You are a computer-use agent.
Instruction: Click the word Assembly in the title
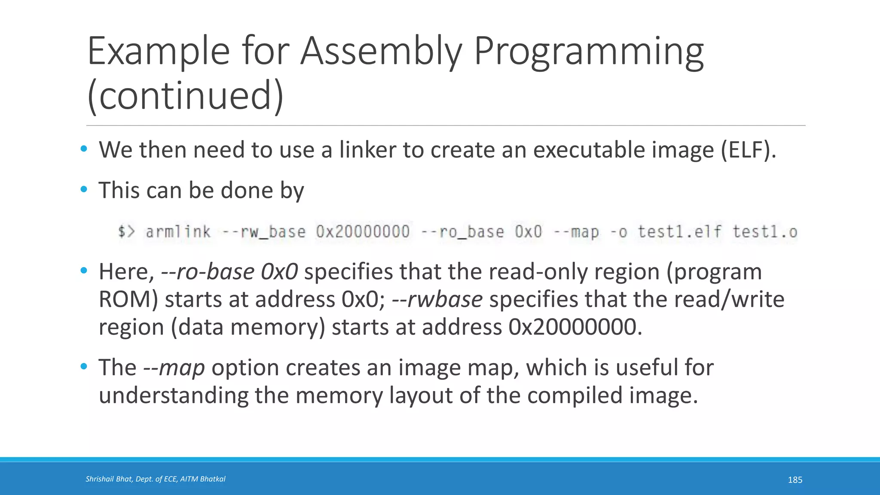click(x=381, y=52)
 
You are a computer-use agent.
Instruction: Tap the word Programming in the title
click(x=589, y=52)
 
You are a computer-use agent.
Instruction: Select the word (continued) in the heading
click(x=185, y=95)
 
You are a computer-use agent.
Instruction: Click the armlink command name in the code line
click(x=178, y=232)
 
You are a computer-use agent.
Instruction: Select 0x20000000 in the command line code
click(x=363, y=232)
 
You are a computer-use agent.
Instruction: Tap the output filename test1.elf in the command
click(x=679, y=232)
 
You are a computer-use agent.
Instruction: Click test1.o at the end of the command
click(x=765, y=232)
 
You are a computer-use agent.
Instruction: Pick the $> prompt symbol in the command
click(x=126, y=232)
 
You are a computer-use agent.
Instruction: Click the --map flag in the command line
click(x=576, y=232)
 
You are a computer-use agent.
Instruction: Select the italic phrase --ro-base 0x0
click(x=229, y=272)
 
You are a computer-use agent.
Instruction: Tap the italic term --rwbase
click(x=437, y=299)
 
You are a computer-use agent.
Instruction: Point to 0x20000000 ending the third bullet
click(x=575, y=327)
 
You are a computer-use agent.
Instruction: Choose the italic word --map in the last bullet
click(x=174, y=368)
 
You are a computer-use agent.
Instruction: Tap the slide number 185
click(x=795, y=480)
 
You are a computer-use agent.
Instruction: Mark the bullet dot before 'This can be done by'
click(x=84, y=189)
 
